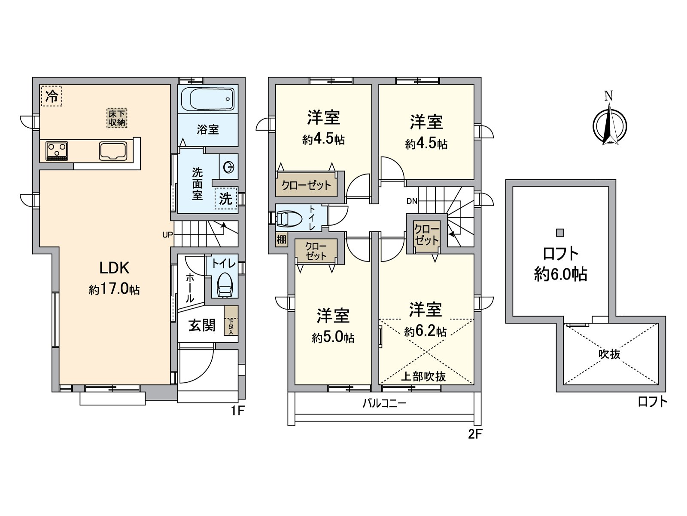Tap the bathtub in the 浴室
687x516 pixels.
[x=208, y=99]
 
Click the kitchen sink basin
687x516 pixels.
[x=113, y=151]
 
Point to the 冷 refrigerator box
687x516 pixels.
[x=52, y=96]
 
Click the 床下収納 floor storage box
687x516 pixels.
[x=117, y=118]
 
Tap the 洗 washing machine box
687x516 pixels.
[x=226, y=199]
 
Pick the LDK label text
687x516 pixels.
[x=114, y=268]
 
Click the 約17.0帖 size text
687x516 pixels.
[x=114, y=290]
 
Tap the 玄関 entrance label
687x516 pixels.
[x=202, y=325]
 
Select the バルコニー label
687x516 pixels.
[x=384, y=403]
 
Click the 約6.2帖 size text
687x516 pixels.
[x=426, y=332]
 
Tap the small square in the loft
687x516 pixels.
[x=560, y=233]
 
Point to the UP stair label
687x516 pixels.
[x=167, y=235]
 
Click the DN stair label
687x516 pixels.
[x=412, y=201]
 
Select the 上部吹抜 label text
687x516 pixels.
[x=423, y=377]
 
